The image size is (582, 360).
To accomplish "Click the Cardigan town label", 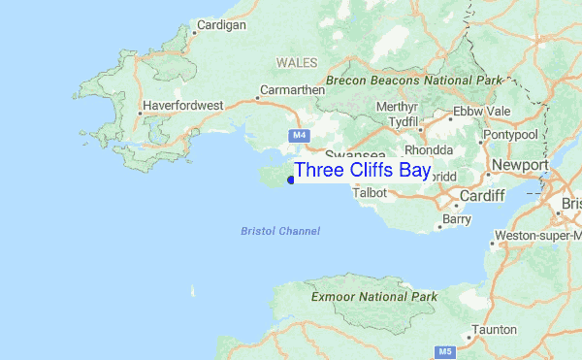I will (221, 24).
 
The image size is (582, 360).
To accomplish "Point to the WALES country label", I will (297, 62).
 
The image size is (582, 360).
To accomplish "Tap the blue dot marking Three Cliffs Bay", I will (290, 179).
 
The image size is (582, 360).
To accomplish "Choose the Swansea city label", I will (355, 154).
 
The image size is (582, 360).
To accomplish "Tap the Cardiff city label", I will (483, 196).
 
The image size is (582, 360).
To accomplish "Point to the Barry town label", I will (456, 220).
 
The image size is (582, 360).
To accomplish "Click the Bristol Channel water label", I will (280, 231).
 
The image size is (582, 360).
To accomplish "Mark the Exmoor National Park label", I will (374, 295).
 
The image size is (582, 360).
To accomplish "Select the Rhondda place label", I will (429, 150).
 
